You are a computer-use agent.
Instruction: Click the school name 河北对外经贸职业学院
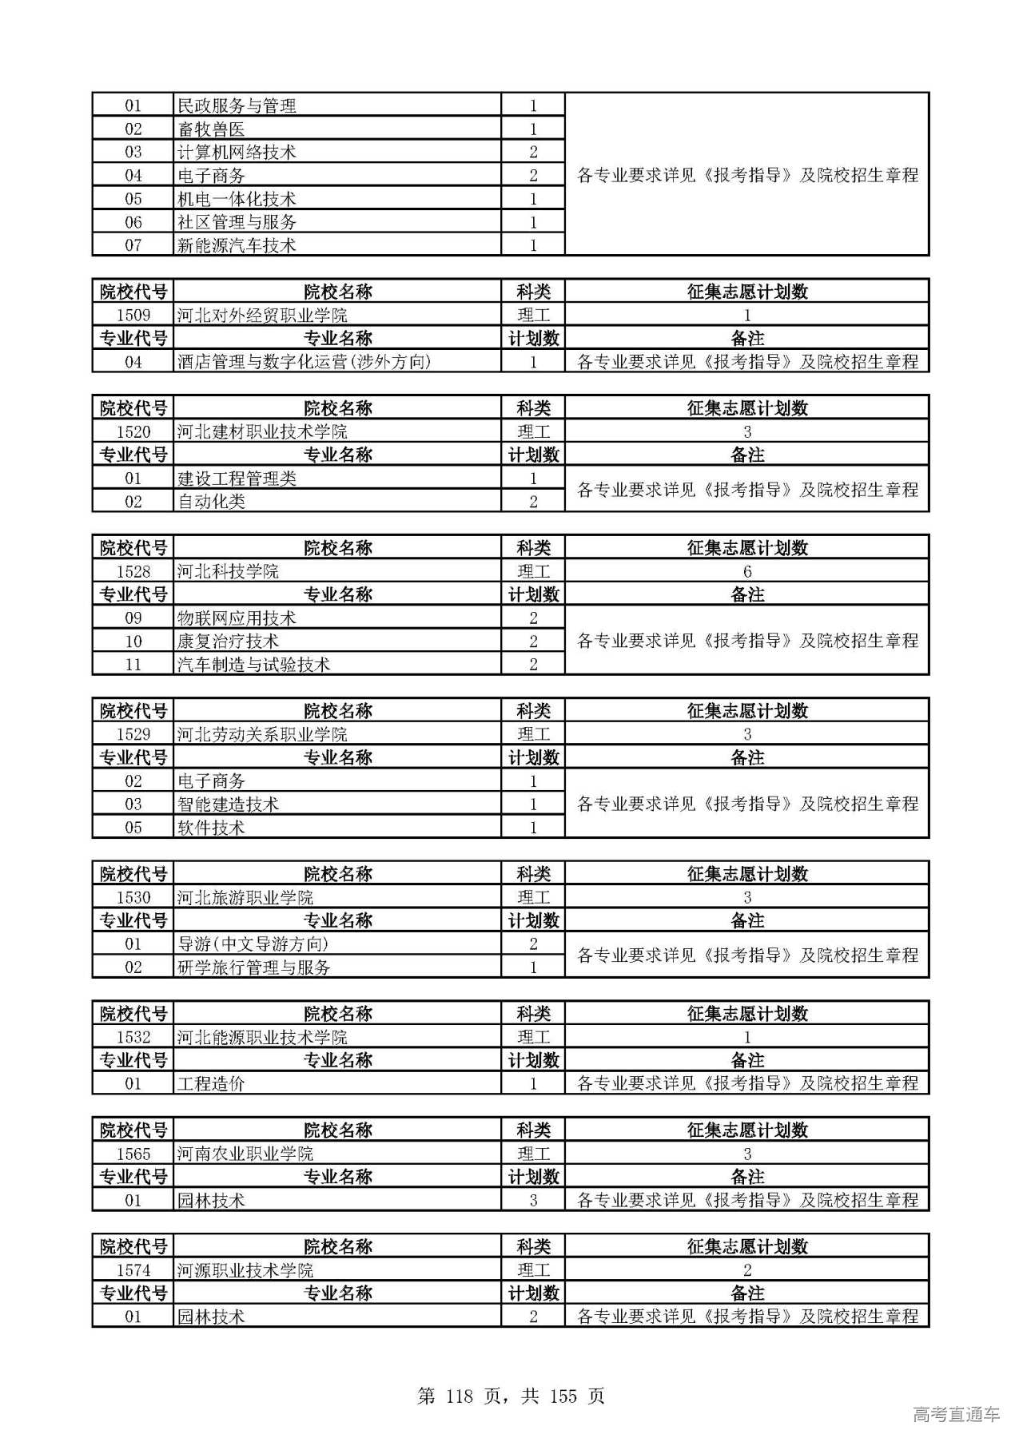point(262,315)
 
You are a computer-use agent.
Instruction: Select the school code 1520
point(133,431)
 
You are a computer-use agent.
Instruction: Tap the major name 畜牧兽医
point(211,129)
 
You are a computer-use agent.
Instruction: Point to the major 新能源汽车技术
point(237,245)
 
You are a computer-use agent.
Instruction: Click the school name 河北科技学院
point(228,571)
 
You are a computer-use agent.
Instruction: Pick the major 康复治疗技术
point(228,641)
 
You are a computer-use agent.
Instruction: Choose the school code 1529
point(133,734)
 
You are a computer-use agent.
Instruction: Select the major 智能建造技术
point(228,804)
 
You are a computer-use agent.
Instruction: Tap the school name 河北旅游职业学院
point(245,897)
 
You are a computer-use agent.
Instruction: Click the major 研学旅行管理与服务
point(253,967)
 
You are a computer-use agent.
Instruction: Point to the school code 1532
point(133,1037)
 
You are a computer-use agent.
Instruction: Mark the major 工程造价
point(211,1083)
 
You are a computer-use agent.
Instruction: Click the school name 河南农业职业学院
point(245,1154)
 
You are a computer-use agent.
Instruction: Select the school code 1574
point(133,1270)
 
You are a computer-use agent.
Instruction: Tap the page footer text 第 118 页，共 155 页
point(511,1396)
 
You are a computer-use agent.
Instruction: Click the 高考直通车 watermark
point(956,1414)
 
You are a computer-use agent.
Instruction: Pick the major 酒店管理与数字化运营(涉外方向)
point(304,362)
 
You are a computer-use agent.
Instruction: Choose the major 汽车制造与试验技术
point(253,664)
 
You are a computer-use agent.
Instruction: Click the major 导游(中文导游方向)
point(253,943)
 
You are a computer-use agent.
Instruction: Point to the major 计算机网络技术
point(237,153)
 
